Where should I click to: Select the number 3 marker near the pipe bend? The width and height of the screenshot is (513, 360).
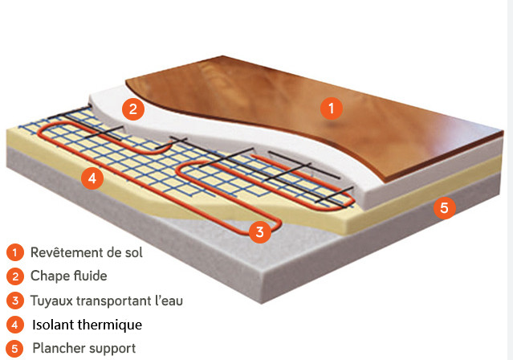[x=258, y=233]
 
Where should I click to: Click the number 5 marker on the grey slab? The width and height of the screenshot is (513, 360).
[x=443, y=207]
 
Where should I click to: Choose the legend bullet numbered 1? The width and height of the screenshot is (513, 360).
[x=14, y=252]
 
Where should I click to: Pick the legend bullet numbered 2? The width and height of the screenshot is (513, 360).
[x=14, y=276]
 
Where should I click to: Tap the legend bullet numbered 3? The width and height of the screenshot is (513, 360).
[x=14, y=301]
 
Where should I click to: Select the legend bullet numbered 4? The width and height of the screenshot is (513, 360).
[x=14, y=325]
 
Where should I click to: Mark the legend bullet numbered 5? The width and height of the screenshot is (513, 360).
[x=14, y=349]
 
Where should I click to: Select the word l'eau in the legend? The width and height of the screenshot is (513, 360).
[x=167, y=301]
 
